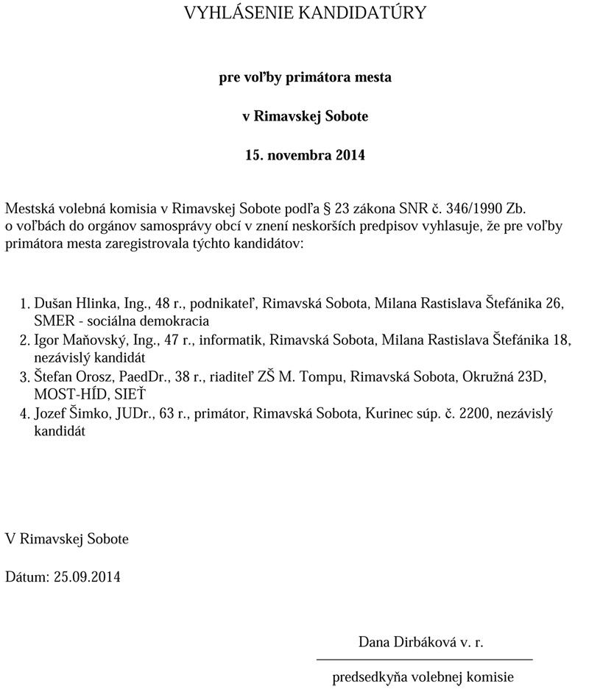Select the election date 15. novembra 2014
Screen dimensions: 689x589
(x=305, y=156)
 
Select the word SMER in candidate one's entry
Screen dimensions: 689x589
(x=52, y=321)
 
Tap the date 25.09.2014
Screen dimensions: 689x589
(x=88, y=576)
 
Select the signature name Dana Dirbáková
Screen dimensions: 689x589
(x=405, y=642)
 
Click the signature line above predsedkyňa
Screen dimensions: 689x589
(x=424, y=659)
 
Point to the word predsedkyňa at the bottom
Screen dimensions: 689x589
(x=371, y=676)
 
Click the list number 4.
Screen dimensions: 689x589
(x=24, y=415)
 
